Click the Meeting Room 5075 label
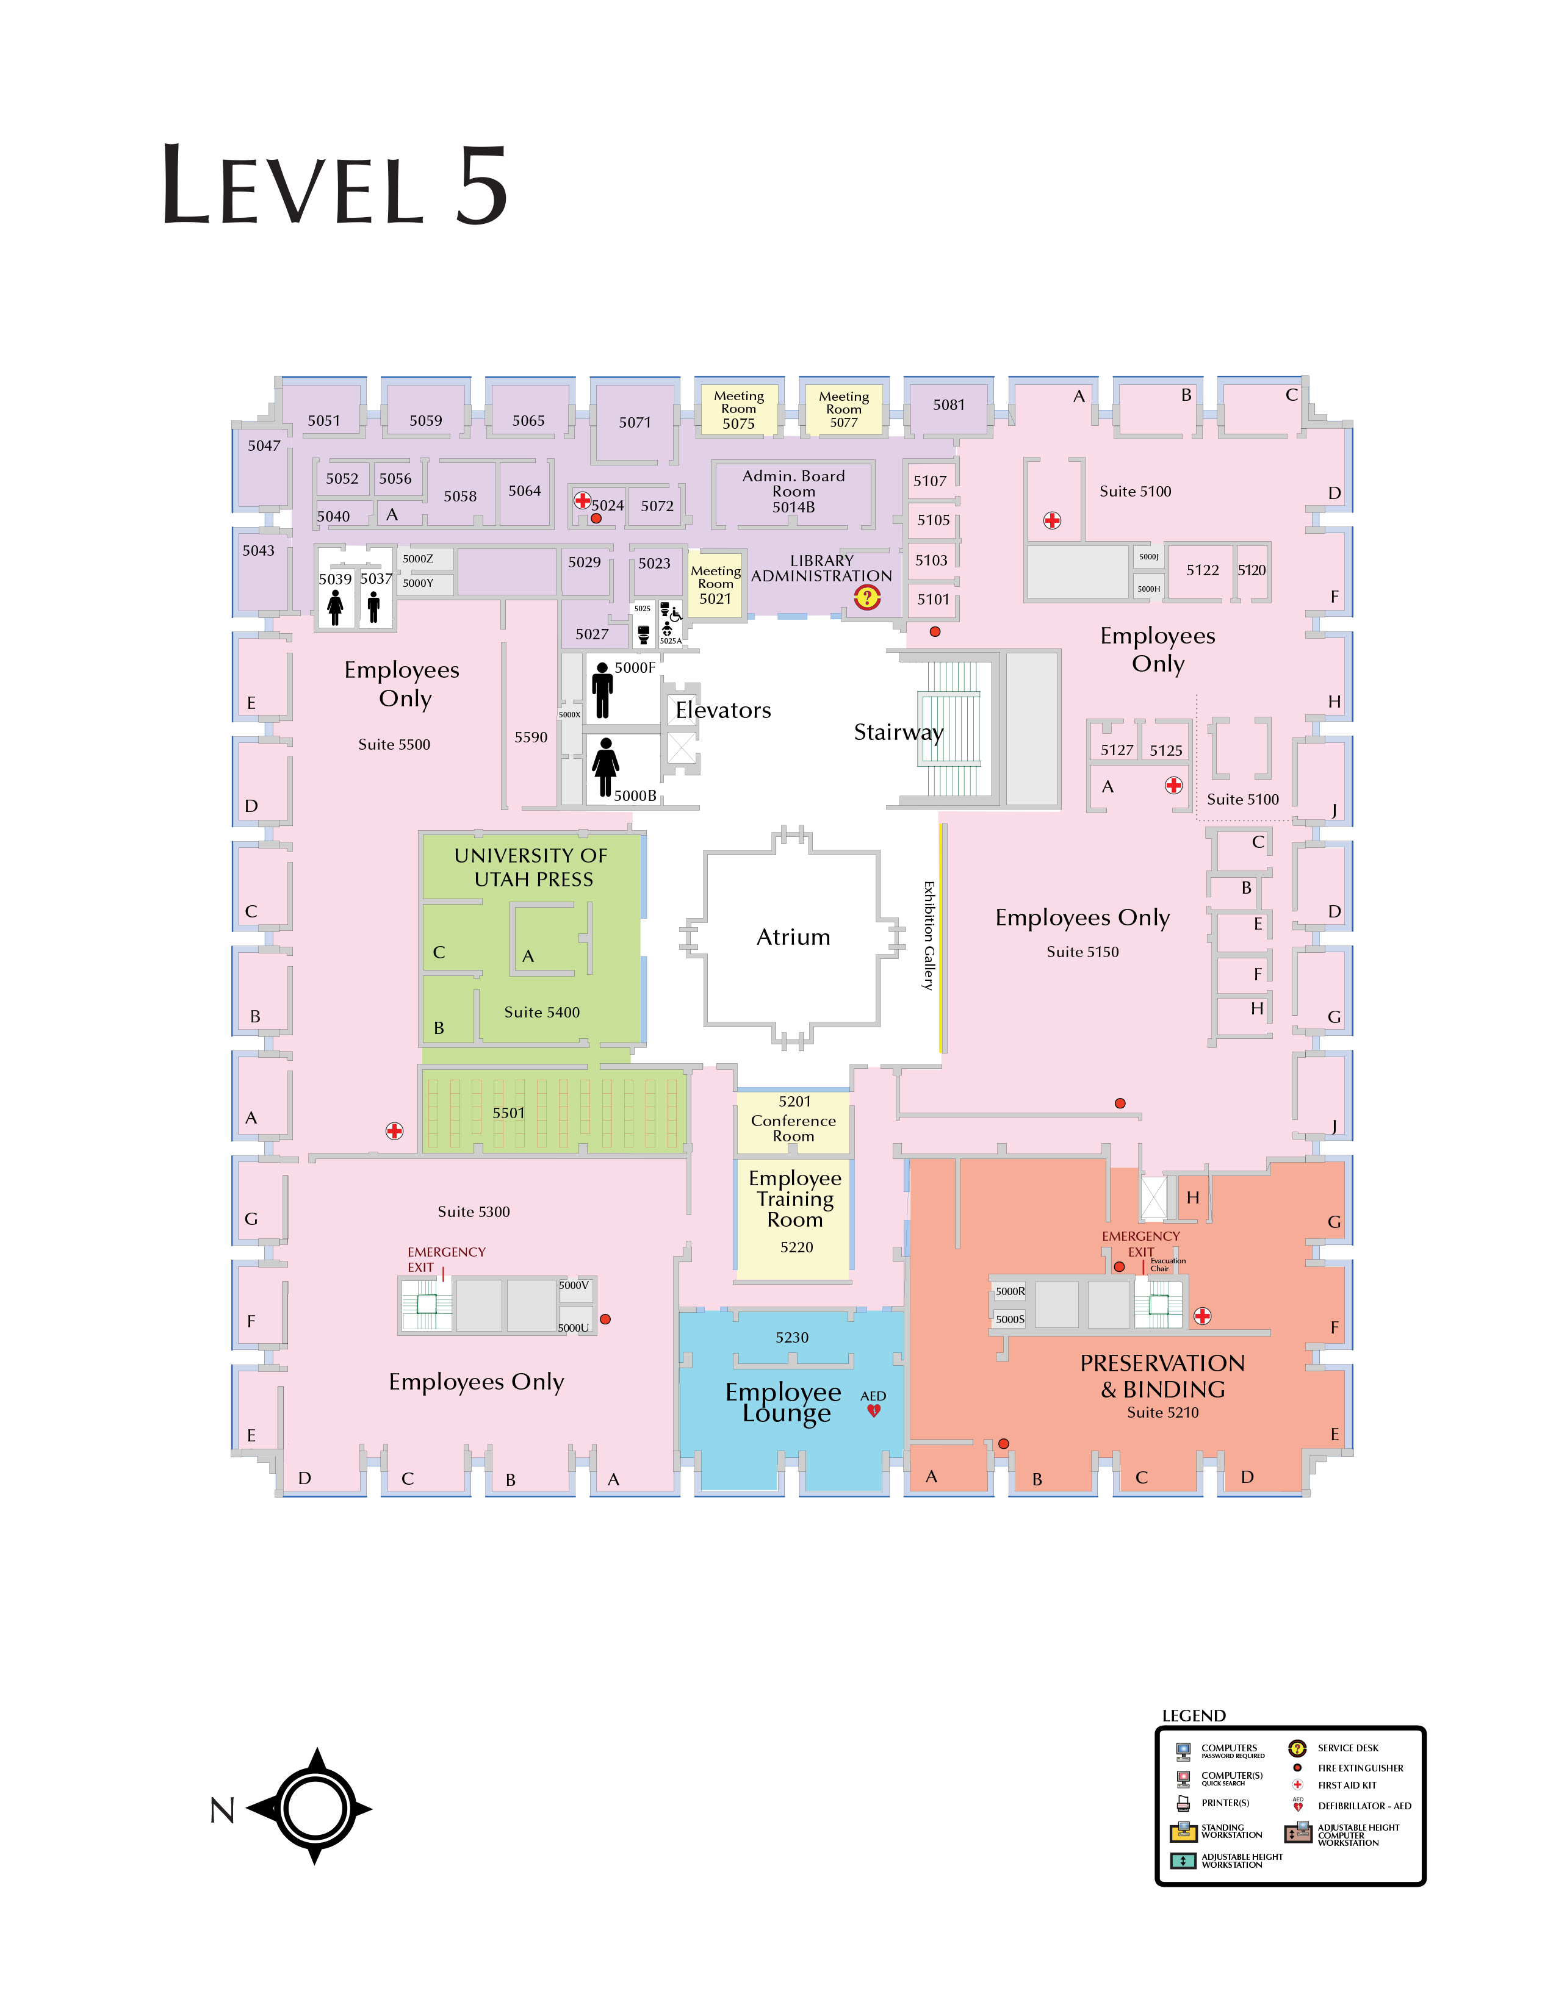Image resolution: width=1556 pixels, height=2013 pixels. (738, 409)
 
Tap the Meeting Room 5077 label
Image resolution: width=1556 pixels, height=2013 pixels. (843, 409)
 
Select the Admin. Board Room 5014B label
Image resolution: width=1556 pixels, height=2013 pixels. (794, 491)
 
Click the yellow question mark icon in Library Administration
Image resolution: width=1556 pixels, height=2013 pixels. (866, 597)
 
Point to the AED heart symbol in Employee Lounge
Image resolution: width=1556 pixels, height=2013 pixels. (874, 1410)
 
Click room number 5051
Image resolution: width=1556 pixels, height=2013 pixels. (323, 420)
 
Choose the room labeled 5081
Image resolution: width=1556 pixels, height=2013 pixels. (948, 404)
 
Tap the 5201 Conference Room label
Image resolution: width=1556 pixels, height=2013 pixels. (794, 1119)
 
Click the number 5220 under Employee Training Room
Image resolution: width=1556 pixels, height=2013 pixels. (796, 1247)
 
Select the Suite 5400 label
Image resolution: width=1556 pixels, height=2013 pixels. (542, 1012)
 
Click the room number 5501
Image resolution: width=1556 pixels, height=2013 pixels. (508, 1113)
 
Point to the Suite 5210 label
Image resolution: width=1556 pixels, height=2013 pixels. (1162, 1412)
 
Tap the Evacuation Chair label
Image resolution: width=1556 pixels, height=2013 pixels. (1167, 1265)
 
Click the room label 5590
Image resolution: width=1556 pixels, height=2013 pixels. (531, 737)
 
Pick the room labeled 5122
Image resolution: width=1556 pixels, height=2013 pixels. (1202, 570)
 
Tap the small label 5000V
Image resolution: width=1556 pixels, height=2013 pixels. (574, 1285)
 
